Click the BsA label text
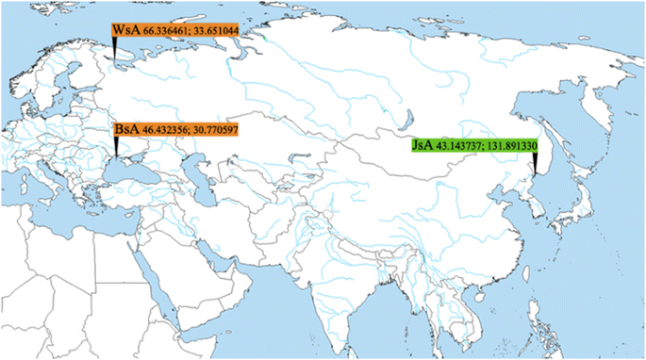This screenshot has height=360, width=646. tap(126, 127)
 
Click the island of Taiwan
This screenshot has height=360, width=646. tap(528, 274)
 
